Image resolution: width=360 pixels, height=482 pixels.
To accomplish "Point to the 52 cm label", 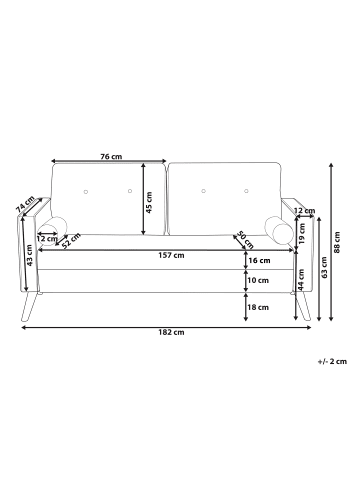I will tap(70, 241).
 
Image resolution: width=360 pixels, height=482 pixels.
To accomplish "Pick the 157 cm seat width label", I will tap(172, 255).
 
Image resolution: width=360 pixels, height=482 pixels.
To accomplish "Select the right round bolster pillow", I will tap(281, 233).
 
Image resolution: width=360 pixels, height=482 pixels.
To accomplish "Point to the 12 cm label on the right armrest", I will tap(304, 211).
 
